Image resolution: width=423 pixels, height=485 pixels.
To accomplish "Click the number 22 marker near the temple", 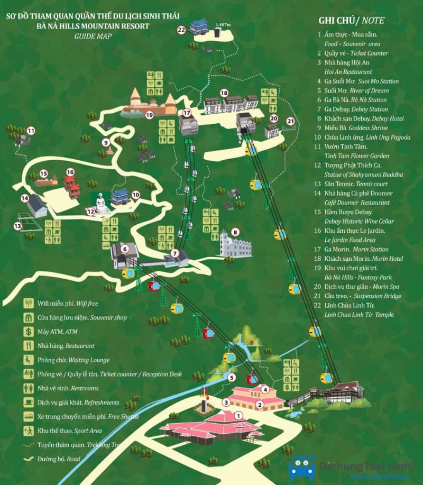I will coord(181,30).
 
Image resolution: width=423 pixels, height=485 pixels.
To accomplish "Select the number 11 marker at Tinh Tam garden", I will coord(31,131).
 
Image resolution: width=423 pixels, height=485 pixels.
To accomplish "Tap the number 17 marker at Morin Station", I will coord(186,113).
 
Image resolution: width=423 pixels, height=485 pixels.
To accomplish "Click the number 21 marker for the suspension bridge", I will coord(289,121).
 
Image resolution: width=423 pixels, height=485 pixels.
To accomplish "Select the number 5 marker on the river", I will coord(231,377).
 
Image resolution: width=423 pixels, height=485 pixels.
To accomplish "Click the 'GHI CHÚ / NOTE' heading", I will coord(351,21).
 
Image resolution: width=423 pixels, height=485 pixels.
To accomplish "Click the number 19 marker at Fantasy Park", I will coord(150,114).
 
